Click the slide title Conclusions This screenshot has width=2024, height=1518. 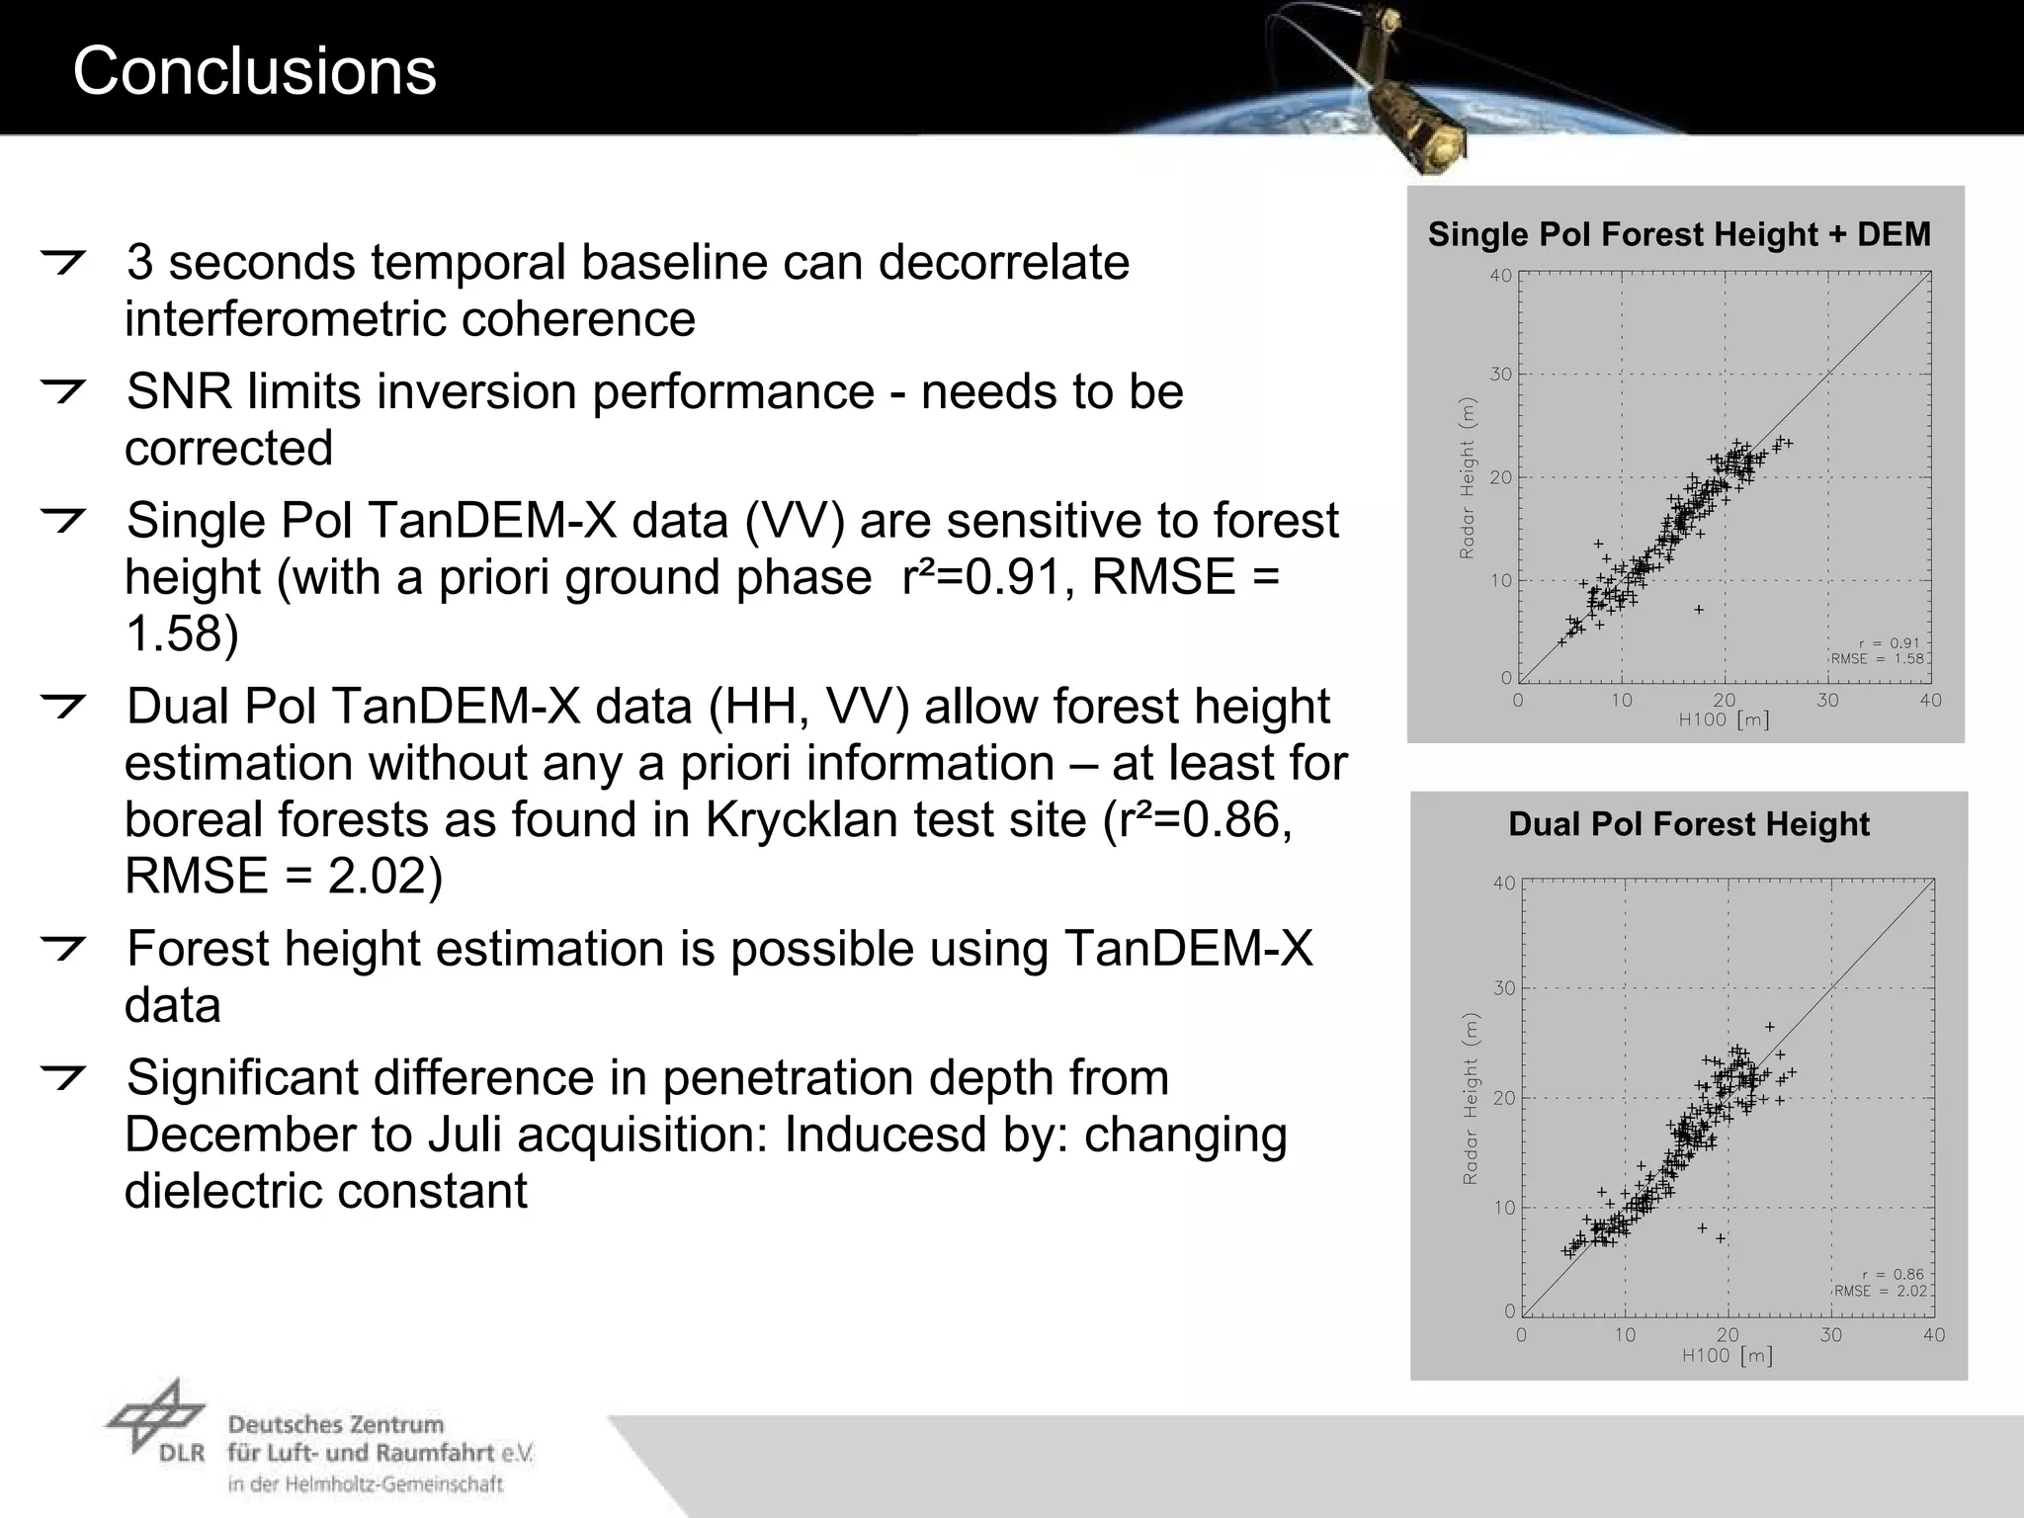[254, 71]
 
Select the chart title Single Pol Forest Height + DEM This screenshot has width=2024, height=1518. [1679, 234]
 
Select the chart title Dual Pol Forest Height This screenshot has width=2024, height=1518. [1689, 824]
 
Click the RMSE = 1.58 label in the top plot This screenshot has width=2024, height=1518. [1877, 658]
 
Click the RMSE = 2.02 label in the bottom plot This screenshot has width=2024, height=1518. [1881, 1291]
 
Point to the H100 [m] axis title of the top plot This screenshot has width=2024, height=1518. [1724, 720]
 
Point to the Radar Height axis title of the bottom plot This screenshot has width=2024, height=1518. [1471, 1099]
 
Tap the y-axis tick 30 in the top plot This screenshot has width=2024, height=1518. [1501, 375]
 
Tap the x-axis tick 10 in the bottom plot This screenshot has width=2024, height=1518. [1625, 1335]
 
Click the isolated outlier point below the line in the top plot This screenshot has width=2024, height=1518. [1699, 610]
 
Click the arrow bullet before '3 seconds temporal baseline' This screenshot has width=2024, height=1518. [63, 263]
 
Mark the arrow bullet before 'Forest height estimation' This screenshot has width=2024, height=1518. [63, 949]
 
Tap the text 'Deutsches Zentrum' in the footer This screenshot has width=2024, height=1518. [336, 1425]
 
